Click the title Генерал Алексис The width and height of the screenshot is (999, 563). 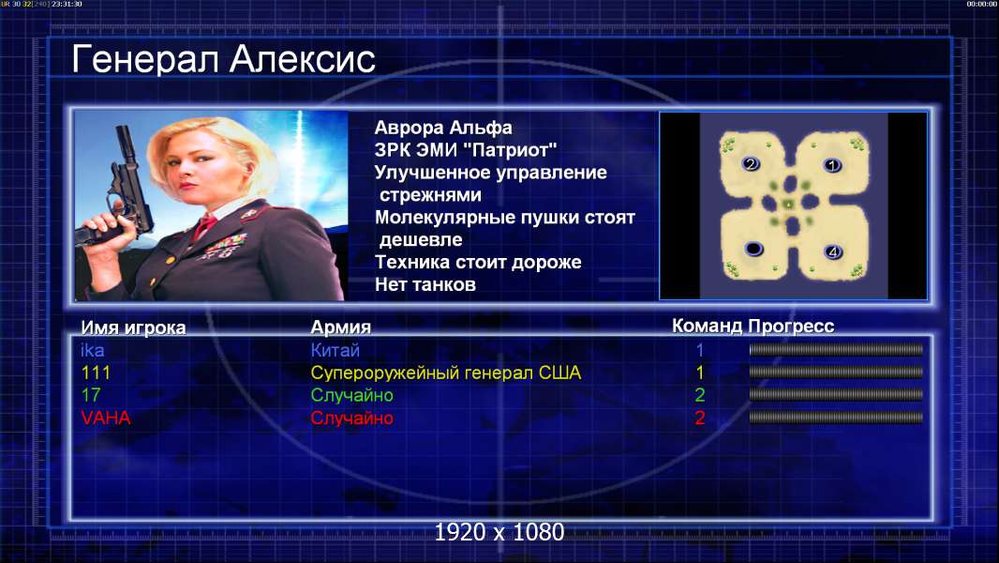[223, 60]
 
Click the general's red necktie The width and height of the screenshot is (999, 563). [204, 226]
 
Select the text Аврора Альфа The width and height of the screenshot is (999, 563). [442, 128]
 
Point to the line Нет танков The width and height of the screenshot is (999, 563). [425, 284]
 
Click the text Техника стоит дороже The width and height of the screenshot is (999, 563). [478, 262]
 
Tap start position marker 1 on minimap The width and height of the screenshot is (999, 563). [831, 166]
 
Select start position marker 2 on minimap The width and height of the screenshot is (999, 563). [751, 164]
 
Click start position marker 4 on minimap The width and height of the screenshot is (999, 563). [833, 252]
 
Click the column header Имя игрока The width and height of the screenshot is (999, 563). [133, 327]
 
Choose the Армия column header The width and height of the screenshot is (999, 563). [340, 327]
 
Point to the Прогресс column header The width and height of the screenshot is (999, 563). [791, 326]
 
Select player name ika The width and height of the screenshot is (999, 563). [93, 350]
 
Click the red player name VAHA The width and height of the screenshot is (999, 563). [106, 418]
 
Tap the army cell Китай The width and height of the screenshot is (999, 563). [335, 350]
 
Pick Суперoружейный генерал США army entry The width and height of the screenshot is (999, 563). [446, 373]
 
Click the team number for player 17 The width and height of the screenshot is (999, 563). [699, 395]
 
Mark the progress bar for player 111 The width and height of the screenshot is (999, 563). [836, 372]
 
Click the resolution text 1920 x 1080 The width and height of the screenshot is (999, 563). [499, 532]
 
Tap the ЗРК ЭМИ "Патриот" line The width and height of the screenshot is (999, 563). [466, 150]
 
